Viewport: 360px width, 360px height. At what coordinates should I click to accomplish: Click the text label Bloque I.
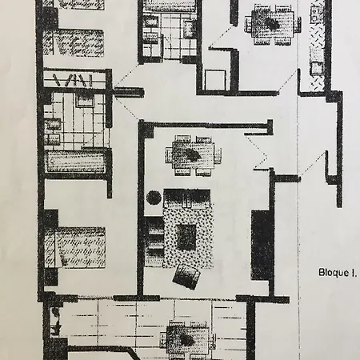pos(338,273)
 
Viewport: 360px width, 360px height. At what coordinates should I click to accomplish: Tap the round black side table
pos(154,198)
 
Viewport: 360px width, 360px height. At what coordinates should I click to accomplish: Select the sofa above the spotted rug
pos(187,198)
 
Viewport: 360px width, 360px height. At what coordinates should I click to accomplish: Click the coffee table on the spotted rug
pos(186,237)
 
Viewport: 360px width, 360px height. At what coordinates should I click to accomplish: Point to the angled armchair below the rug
pos(186,276)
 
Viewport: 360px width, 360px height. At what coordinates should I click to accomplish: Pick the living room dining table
pos(194,155)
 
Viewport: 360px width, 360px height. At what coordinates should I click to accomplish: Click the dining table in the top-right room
pos(273,24)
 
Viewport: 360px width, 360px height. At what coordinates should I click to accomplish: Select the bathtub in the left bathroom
pos(75,162)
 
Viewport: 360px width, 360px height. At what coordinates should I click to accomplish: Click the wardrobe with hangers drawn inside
pos(75,79)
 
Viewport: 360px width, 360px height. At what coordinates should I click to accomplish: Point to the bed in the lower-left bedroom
pos(74,247)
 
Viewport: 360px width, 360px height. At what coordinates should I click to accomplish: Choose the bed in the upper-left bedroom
pos(74,43)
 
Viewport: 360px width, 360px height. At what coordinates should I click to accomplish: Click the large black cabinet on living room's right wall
pos(262,246)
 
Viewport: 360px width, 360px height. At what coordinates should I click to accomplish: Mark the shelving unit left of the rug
pos(154,242)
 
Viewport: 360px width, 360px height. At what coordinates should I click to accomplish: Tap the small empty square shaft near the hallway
pos(215,79)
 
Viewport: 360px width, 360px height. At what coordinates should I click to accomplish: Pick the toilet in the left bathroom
pos(85,100)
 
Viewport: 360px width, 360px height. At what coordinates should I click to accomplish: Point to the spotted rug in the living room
pos(188,236)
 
